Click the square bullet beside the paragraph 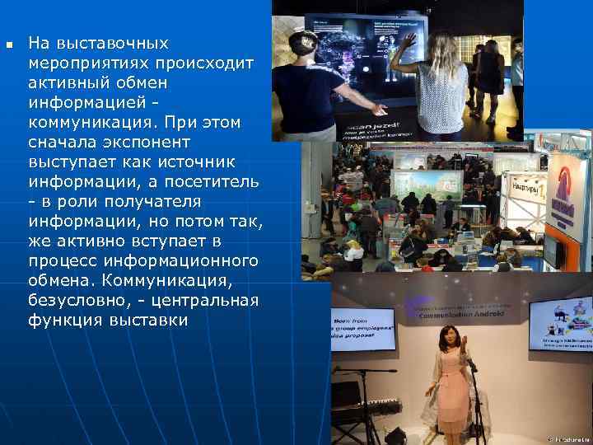(9, 44)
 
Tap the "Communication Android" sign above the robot (461, 314)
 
